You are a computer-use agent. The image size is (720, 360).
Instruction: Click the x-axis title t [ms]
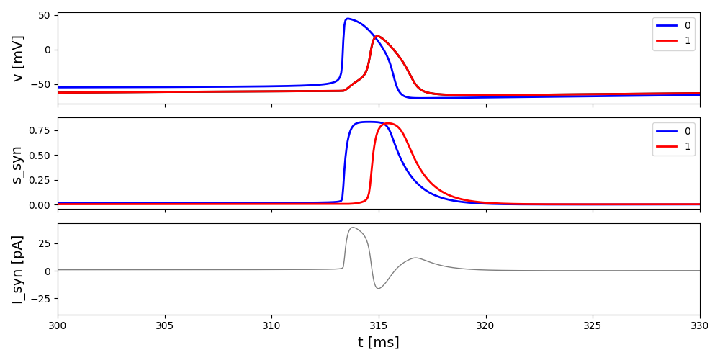(379, 343)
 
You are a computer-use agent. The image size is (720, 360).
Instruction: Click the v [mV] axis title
(18, 58)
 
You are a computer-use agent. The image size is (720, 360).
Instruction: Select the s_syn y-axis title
(18, 164)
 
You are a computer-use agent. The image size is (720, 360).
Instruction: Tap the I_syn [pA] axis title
(18, 269)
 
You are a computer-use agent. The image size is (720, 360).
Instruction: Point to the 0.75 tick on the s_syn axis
(39, 130)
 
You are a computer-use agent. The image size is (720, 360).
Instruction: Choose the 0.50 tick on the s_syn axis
(39, 156)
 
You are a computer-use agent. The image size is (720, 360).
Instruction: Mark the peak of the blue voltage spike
(348, 19)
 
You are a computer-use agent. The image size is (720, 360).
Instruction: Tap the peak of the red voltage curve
(378, 36)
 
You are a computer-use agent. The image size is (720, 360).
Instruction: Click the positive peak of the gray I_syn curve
(352, 228)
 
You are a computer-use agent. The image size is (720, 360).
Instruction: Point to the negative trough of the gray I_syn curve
(378, 289)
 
